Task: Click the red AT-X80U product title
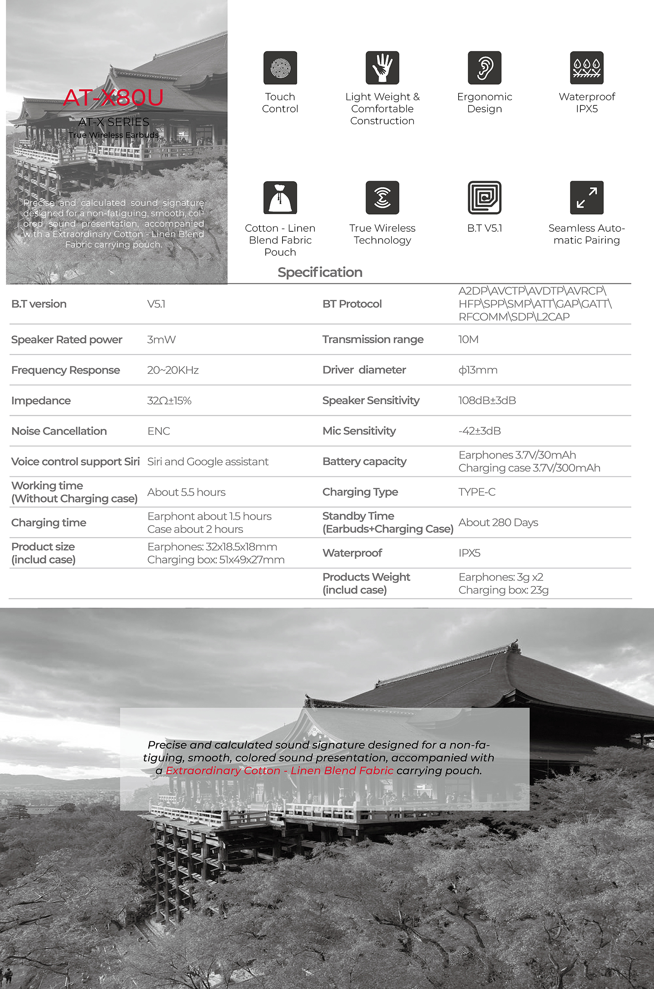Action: pos(114,98)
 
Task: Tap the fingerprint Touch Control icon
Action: pos(280,68)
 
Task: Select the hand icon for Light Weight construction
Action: pos(382,68)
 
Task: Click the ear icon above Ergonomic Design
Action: pos(484,68)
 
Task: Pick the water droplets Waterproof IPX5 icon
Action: pos(587,68)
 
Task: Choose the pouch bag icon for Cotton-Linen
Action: pos(280,198)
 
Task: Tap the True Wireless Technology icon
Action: pos(382,198)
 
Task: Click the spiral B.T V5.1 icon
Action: pos(484,198)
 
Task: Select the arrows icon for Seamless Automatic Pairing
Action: pos(587,198)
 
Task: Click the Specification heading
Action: pos(320,272)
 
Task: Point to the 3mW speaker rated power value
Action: pos(161,339)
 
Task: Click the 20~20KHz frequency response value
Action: pos(172,370)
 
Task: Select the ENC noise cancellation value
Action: pos(159,431)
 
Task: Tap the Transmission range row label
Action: pos(373,339)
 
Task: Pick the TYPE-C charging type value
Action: pos(477,492)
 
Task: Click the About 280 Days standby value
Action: pos(498,522)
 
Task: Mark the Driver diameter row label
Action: pos(364,370)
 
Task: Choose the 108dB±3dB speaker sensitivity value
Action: pos(487,400)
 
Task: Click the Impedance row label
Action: pos(41,401)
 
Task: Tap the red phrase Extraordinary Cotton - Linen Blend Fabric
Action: pos(280,770)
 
